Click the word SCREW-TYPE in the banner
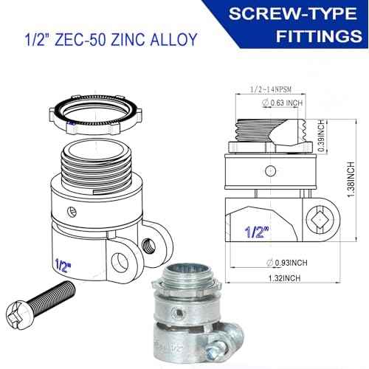293,13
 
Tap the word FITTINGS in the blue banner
319,36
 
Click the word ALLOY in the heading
173,39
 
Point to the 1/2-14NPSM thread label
271,89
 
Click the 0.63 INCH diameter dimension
282,103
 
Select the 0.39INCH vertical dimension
321,136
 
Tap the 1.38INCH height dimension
351,179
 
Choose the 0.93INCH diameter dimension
287,263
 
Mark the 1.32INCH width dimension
284,278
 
